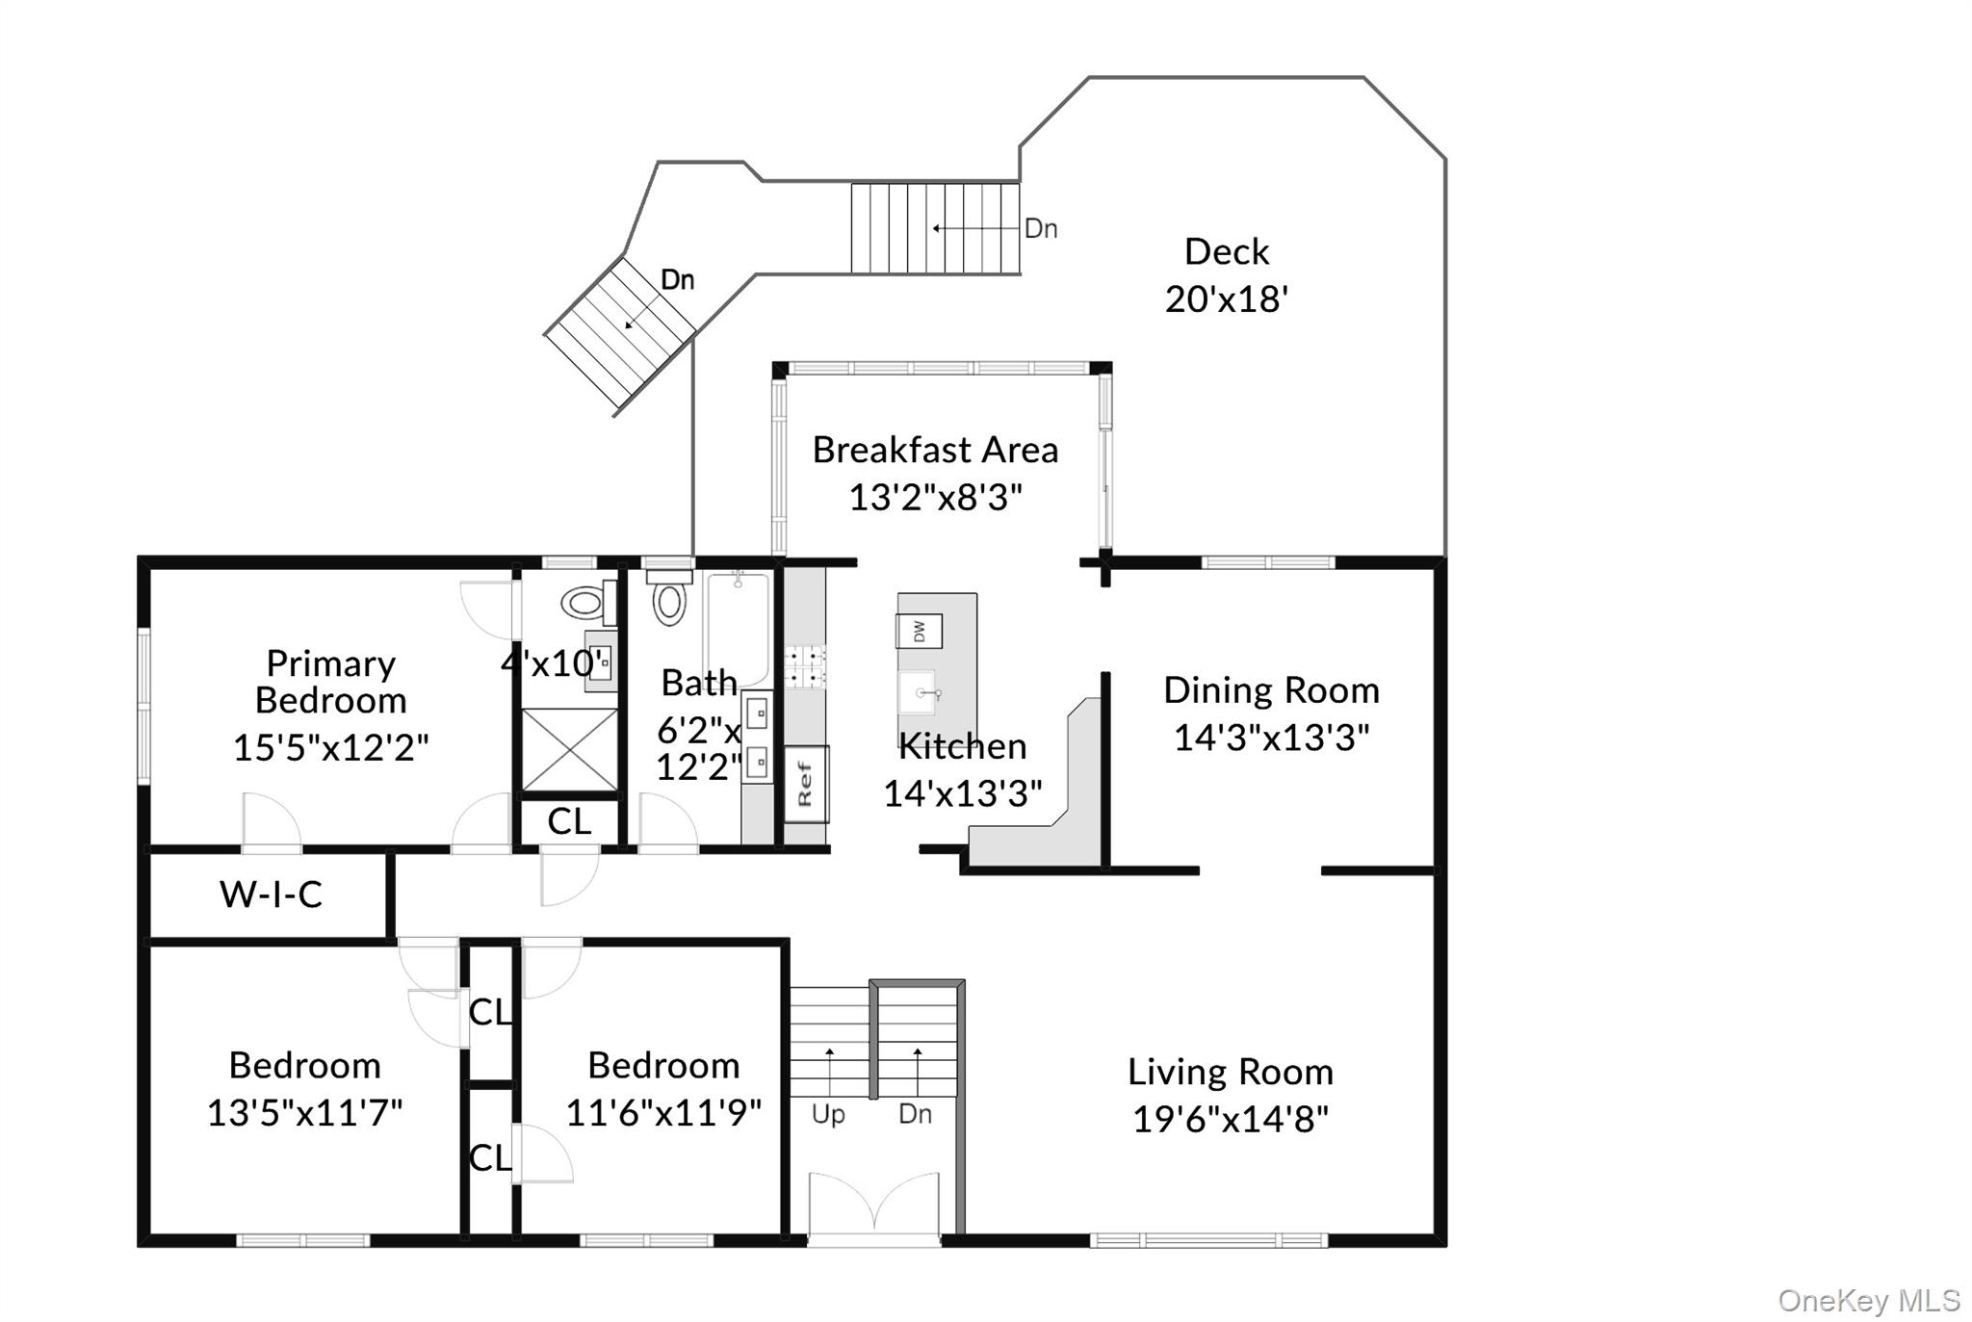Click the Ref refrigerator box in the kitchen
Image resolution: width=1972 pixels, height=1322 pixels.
click(x=806, y=784)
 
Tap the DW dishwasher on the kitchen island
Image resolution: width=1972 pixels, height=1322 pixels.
click(x=919, y=631)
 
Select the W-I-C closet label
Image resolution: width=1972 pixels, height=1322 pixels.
click(x=271, y=894)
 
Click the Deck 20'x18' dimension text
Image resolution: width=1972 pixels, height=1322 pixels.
click(x=1227, y=299)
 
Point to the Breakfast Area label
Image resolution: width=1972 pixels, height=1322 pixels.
click(x=935, y=450)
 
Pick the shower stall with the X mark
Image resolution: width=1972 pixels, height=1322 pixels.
click(x=569, y=750)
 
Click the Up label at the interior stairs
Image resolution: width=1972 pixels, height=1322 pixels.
click(x=828, y=1115)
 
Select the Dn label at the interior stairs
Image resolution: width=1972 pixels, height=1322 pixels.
click(x=915, y=1114)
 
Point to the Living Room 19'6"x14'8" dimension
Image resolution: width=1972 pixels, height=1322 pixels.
click(x=1231, y=1119)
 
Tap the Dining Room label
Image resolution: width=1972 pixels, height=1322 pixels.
click(x=1271, y=690)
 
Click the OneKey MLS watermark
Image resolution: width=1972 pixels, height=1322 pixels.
click(x=1869, y=1301)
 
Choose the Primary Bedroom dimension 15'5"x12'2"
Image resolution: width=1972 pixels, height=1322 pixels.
click(x=330, y=747)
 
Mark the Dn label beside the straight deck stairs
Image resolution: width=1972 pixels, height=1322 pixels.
click(x=1041, y=228)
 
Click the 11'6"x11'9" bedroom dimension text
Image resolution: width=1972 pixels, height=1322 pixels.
click(x=663, y=1113)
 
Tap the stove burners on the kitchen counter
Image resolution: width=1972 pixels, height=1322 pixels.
click(x=805, y=666)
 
